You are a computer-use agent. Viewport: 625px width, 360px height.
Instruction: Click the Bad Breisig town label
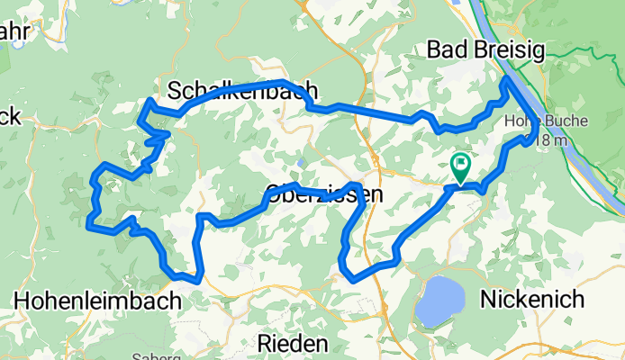click(486, 49)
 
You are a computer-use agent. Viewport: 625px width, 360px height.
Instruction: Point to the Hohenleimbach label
click(98, 300)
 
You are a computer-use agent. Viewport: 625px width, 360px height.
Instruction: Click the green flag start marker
click(460, 165)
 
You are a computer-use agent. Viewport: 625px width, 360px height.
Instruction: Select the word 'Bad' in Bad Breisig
click(448, 49)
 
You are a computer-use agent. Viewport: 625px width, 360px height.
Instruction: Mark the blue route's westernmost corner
click(88, 226)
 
